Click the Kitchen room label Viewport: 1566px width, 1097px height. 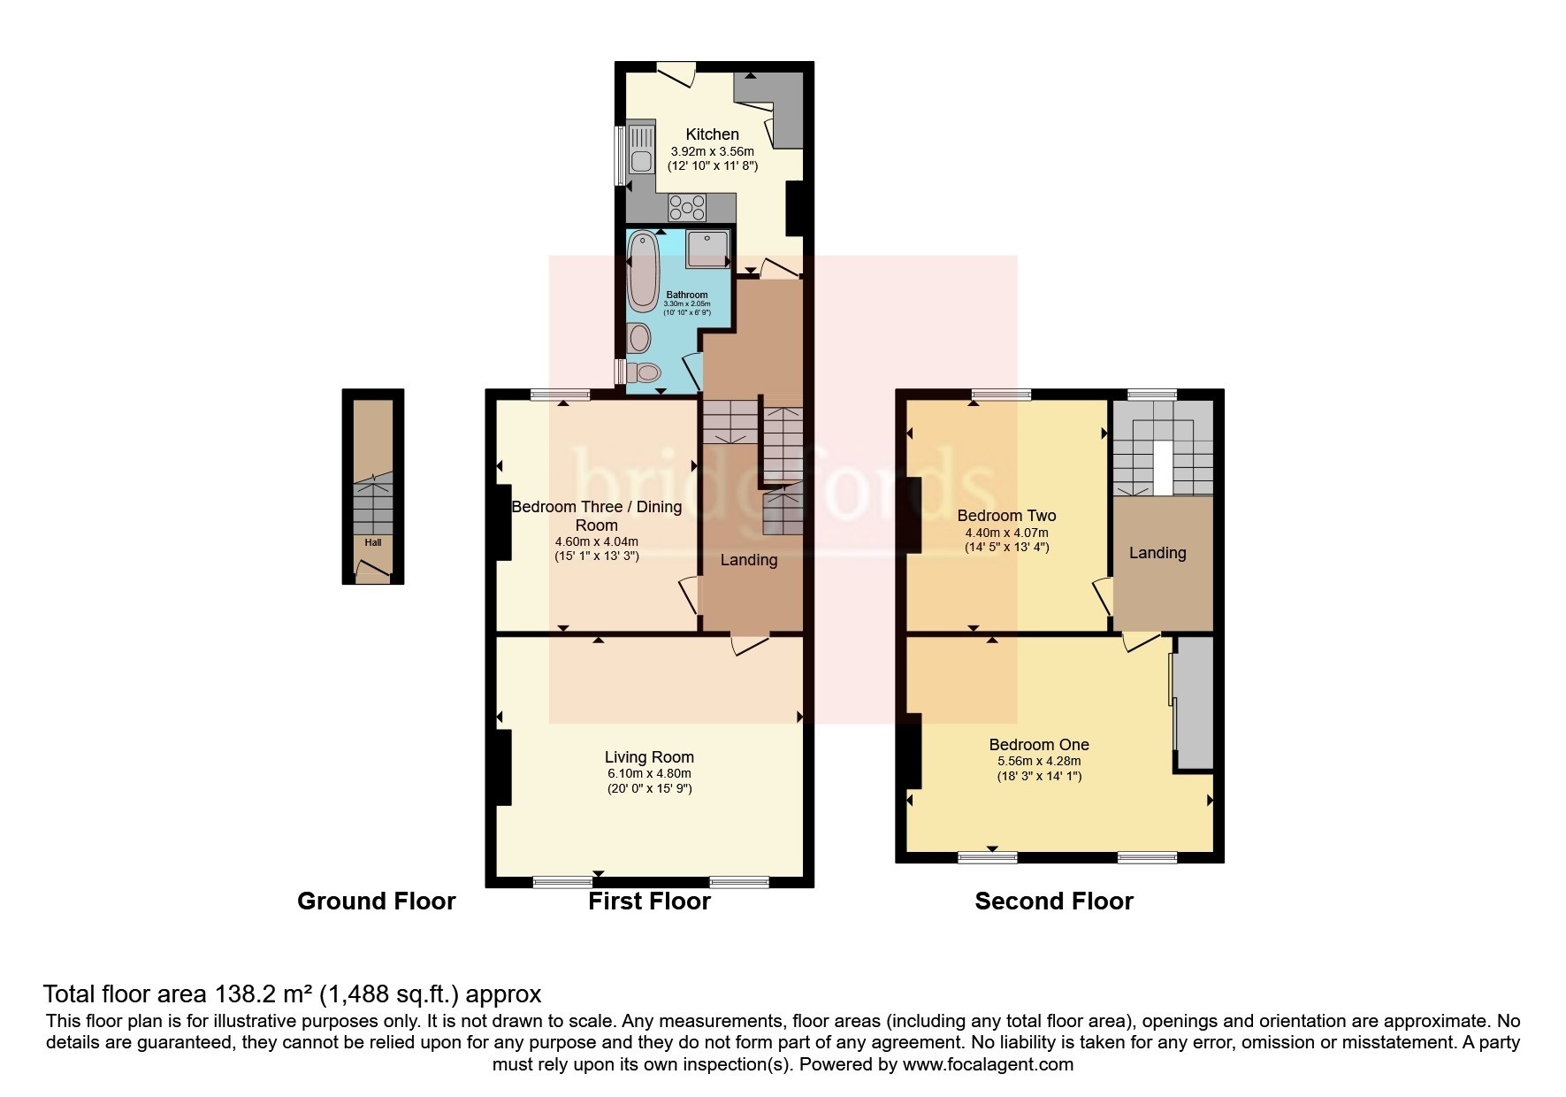click(x=712, y=134)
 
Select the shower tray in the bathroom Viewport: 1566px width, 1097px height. click(x=708, y=247)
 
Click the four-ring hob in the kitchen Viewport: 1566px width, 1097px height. click(x=687, y=208)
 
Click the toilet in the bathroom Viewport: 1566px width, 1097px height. click(x=645, y=372)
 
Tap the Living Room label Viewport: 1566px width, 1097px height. click(x=649, y=757)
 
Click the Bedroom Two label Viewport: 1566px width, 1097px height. click(x=1006, y=516)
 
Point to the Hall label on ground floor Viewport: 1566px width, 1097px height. click(x=373, y=542)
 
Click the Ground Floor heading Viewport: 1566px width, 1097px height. click(x=376, y=901)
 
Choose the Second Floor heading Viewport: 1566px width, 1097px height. click(x=1053, y=901)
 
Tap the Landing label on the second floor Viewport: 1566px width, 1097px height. click(x=1157, y=553)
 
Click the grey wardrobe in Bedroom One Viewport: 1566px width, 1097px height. click(x=1194, y=703)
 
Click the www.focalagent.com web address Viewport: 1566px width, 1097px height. click(x=989, y=1064)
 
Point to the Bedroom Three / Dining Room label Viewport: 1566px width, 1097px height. click(x=597, y=516)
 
